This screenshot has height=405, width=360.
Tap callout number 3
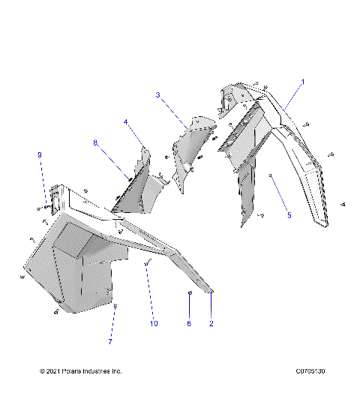[157, 94]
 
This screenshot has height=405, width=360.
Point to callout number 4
[126, 121]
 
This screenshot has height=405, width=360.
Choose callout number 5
[289, 214]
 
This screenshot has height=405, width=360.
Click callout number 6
[189, 323]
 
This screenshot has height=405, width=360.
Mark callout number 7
[110, 341]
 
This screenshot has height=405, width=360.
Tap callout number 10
[153, 323]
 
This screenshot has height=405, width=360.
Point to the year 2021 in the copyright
[57, 371]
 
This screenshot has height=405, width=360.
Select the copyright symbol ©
[43, 371]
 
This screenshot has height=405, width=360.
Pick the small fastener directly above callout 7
[115, 306]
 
